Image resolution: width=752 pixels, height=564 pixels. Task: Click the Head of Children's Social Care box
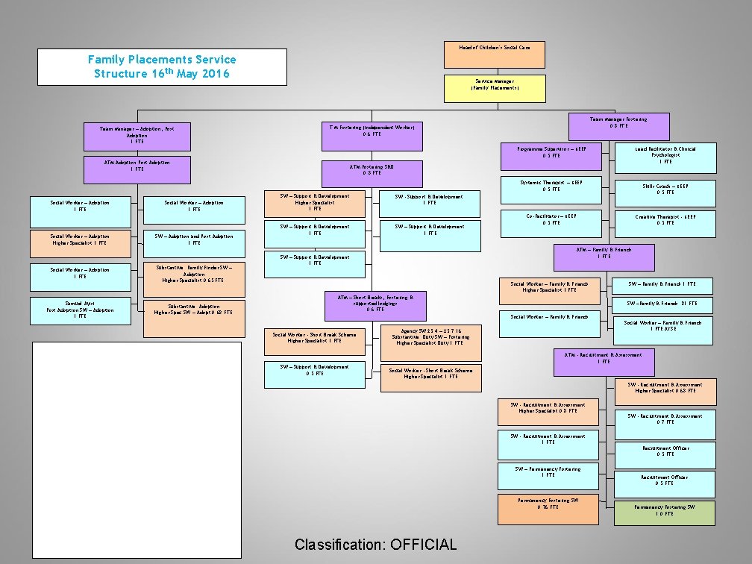[x=495, y=54]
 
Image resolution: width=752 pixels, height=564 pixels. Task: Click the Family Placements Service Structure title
[x=162, y=66]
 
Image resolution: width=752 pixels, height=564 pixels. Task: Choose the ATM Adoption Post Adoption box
[x=137, y=169]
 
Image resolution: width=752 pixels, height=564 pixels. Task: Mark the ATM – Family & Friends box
[x=604, y=257]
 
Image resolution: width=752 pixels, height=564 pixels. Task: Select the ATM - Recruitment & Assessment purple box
[x=604, y=362]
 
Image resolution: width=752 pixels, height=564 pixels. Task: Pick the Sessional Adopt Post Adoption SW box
[x=80, y=310]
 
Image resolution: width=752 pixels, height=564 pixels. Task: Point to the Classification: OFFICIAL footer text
[x=375, y=544]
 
